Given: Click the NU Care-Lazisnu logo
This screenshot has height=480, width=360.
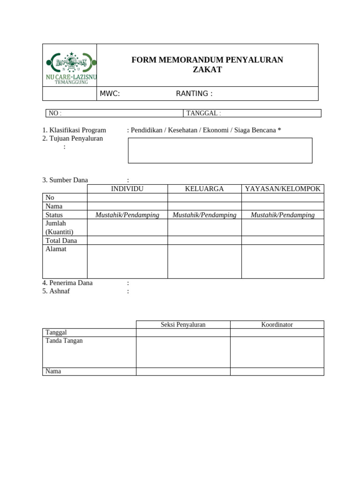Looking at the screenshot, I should (70, 66).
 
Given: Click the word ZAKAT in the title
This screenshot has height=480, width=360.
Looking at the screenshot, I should (207, 70).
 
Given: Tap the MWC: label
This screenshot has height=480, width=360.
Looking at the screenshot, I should (110, 94).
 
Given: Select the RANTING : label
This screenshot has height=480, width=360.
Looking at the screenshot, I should (194, 94).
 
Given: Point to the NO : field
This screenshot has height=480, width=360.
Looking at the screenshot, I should (55, 113).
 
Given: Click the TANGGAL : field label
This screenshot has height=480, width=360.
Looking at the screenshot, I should (203, 113).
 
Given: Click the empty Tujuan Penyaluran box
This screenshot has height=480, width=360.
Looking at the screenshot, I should (220, 150).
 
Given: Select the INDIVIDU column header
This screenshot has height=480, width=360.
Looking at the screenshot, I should (127, 189).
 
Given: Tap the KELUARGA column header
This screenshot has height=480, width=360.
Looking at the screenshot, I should (204, 189).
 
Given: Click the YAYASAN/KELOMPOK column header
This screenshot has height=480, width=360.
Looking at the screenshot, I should (283, 189).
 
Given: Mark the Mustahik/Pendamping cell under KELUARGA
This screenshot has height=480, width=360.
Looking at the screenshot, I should (204, 215).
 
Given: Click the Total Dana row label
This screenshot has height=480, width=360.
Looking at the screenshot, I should (61, 240).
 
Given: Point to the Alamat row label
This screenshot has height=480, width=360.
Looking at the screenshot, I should (56, 249).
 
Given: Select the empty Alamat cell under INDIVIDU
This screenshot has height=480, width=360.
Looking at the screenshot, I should (127, 262).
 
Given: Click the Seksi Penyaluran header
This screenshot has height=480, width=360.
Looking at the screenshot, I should (183, 324).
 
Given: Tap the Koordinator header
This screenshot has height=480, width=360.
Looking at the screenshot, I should (277, 324).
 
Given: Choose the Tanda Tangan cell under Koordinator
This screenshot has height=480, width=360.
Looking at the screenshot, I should (277, 352).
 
